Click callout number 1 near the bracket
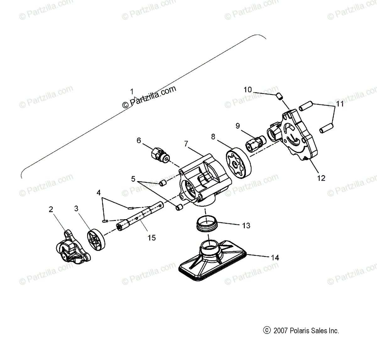[x=132, y=91]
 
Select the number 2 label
[x=51, y=209]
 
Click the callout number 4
[x=99, y=193]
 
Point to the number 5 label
[x=134, y=179]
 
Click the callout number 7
[x=186, y=144]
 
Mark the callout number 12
[x=321, y=178]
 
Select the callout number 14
[x=275, y=258]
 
